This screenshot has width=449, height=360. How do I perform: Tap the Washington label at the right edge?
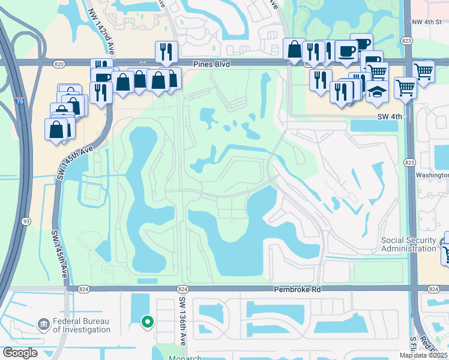(x=432, y=175)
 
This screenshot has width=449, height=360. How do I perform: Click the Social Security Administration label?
(x=409, y=244)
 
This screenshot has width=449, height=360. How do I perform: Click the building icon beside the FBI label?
(x=43, y=325)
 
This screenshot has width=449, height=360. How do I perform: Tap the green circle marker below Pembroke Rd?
(x=146, y=322)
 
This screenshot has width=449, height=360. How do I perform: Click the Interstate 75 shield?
(x=20, y=101)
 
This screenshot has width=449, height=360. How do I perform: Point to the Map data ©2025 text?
(x=423, y=355)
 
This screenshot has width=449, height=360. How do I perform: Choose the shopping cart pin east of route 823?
(x=424, y=72)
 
